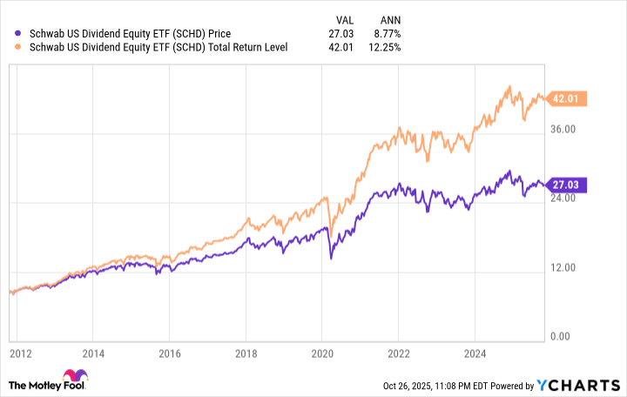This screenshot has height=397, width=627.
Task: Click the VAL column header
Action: pos(346,19)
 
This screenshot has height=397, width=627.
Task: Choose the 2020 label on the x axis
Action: pos(322,354)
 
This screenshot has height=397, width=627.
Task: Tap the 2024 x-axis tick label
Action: pos(475,354)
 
